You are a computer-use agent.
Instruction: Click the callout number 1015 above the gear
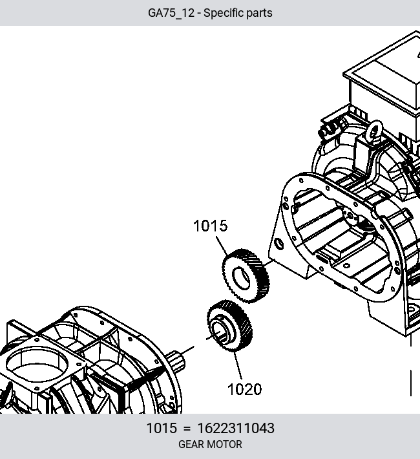pos(210,226)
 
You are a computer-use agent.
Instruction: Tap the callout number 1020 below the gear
pos(244,389)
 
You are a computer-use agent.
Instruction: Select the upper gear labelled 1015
pos(246,276)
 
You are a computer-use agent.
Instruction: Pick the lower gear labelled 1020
pos(229,326)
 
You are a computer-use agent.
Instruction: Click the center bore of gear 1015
pos(241,278)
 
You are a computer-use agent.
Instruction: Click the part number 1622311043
pos(236,428)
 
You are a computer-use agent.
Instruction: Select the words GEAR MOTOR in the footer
pos(210,444)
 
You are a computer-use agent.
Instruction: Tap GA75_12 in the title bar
pos(171,13)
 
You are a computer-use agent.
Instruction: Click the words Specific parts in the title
pos(238,13)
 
